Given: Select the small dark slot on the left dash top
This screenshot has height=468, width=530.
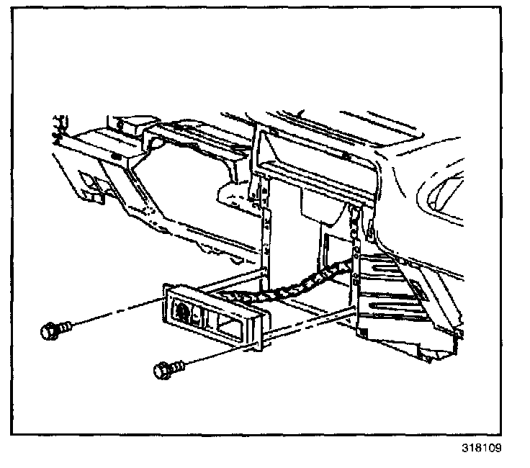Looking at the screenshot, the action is click(x=115, y=156).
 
